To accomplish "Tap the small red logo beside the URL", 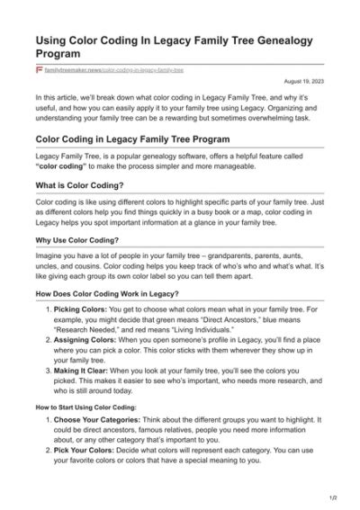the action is (39, 69).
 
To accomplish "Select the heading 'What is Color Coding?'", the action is (75, 184).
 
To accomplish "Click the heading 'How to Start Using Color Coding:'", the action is (85, 407).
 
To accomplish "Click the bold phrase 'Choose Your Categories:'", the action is (95, 422).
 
